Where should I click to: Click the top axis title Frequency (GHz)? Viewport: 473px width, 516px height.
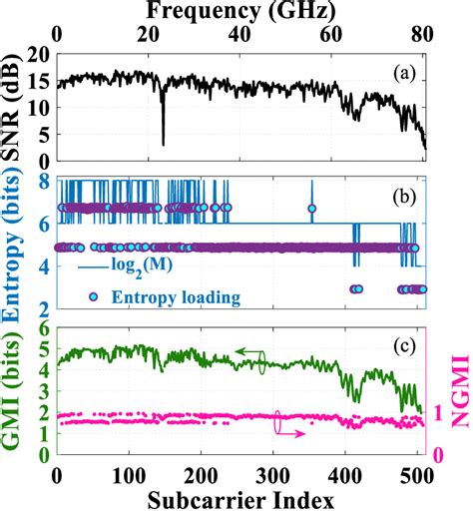(x=239, y=11)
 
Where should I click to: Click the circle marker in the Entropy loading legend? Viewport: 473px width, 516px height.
(x=94, y=295)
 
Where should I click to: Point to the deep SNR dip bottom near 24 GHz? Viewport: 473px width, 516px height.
(x=164, y=144)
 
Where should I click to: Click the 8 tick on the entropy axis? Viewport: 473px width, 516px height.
(x=41, y=181)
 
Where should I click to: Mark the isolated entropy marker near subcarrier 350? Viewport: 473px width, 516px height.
(x=311, y=209)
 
